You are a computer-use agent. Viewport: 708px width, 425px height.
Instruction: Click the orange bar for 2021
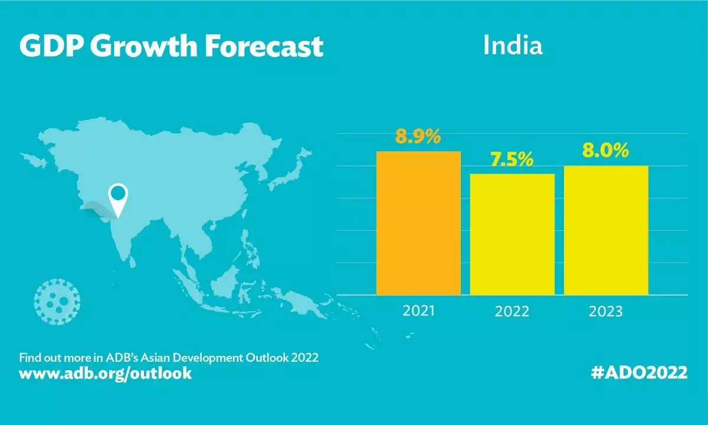418,223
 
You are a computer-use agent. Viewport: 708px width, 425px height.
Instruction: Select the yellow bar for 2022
512,234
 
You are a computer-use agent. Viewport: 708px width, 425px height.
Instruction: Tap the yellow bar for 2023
606,230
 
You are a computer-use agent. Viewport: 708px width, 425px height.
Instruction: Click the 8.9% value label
418,137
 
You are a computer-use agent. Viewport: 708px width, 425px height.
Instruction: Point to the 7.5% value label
512,159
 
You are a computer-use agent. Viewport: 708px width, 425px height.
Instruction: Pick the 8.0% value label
606,151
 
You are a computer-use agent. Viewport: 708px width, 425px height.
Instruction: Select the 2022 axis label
512,311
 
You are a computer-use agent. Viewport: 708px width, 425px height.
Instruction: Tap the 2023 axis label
606,311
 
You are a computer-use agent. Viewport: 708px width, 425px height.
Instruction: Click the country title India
512,45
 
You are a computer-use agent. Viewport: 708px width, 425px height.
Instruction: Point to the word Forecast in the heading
265,45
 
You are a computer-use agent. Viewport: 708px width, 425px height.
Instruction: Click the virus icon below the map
57,302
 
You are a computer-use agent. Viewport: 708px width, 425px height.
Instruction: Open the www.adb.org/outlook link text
106,374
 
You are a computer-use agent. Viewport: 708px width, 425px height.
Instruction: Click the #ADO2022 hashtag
639,373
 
